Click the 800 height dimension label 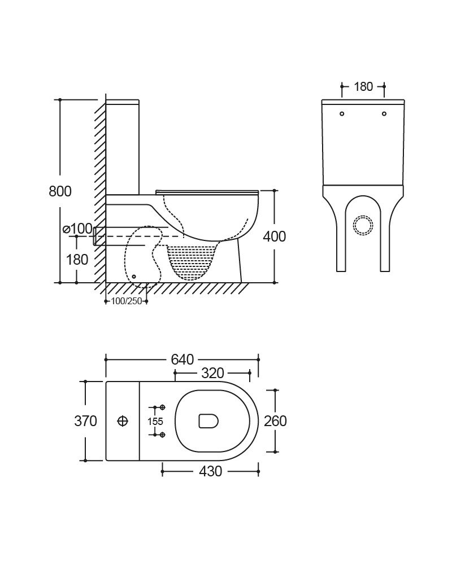coord(60,191)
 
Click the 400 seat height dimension coord(275,236)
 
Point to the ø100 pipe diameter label coord(78,229)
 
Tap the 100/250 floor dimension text coord(127,301)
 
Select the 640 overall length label coord(182,359)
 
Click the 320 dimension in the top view coord(212,373)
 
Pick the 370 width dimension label coord(86,421)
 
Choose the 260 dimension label coord(275,421)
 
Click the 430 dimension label coord(211,471)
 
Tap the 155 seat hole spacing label coord(155,421)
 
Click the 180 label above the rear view coord(363,86)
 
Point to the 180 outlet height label coord(77,260)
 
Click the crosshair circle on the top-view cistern coord(123,421)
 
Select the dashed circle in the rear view coord(363,225)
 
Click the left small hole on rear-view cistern coord(342,113)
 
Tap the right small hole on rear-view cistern coord(384,113)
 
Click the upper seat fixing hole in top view coord(162,407)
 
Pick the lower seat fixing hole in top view coord(162,435)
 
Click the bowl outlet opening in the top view coord(208,421)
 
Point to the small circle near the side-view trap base coord(134,276)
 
